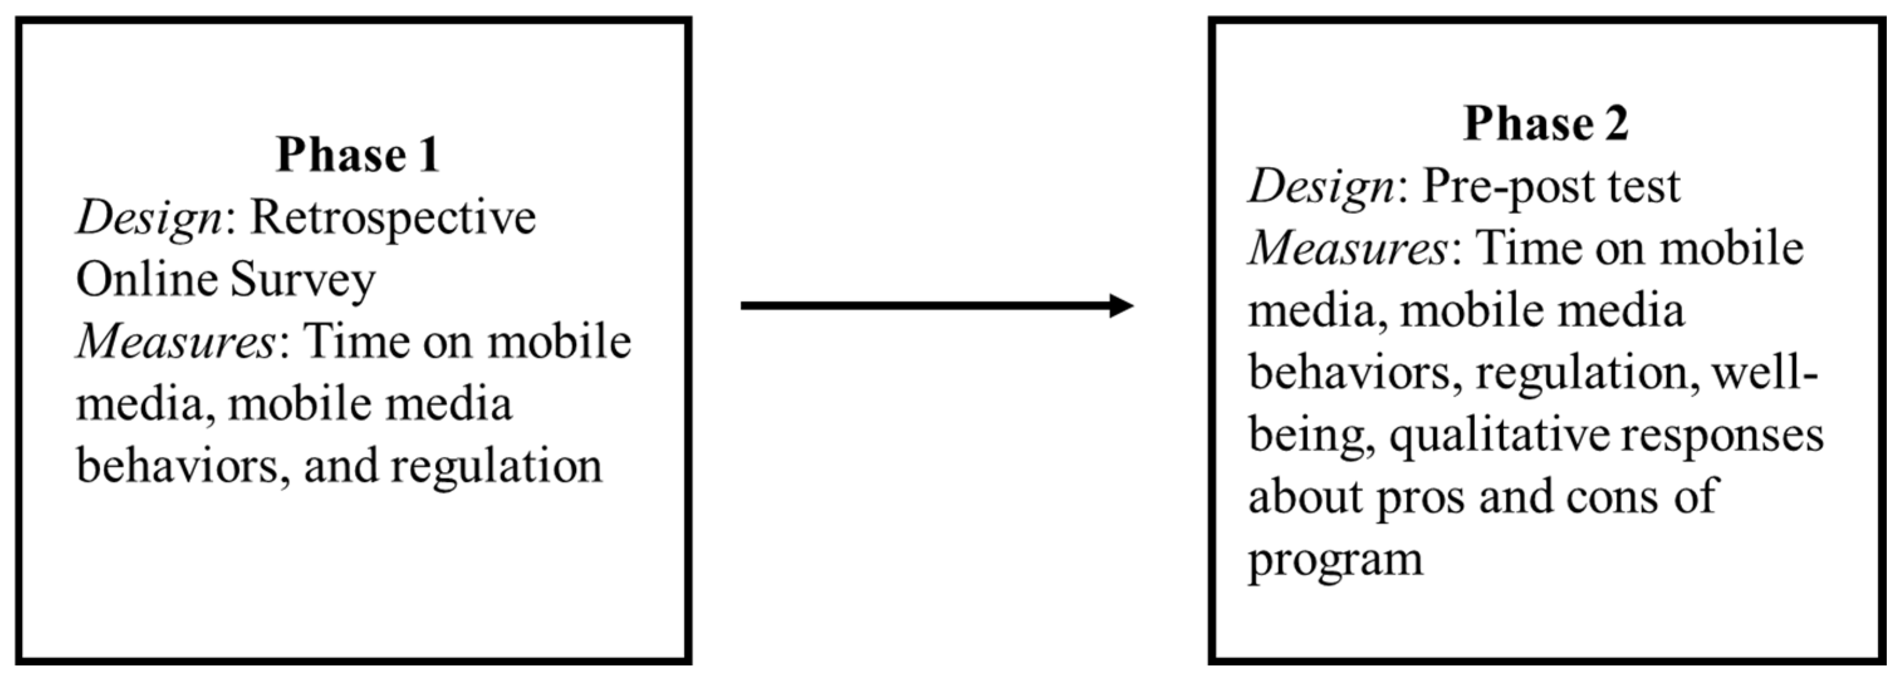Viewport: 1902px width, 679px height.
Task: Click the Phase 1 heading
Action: (x=358, y=155)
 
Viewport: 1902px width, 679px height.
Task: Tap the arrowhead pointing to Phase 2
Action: (x=1121, y=306)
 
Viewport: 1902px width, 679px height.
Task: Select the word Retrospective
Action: (x=393, y=218)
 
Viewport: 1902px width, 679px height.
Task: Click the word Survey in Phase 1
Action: (x=303, y=281)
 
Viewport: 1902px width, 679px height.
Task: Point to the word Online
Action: (x=146, y=280)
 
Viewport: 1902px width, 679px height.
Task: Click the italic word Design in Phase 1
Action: (x=148, y=218)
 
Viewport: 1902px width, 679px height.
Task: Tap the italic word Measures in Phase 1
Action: (x=176, y=342)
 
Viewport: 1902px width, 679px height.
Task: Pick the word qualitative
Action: (x=1499, y=436)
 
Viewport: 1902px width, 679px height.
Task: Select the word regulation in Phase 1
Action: (x=496, y=467)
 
